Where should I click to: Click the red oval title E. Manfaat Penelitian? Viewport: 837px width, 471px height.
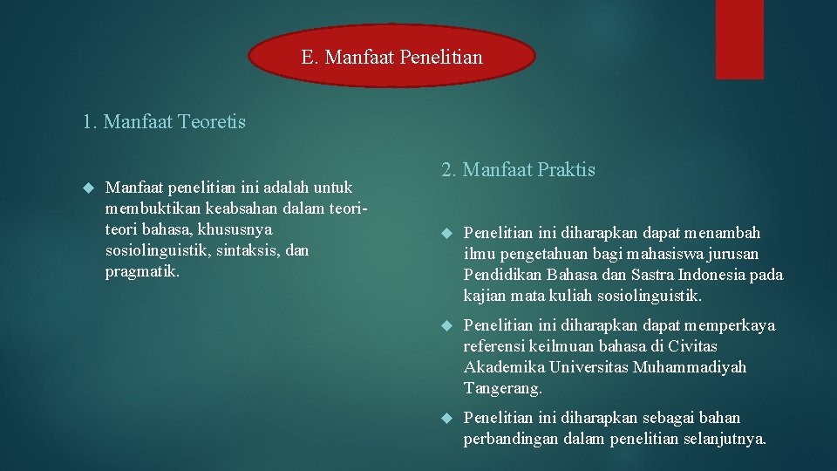(x=391, y=58)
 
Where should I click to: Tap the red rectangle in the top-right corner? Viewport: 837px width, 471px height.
(x=739, y=39)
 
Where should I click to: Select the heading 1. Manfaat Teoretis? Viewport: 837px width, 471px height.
(x=164, y=122)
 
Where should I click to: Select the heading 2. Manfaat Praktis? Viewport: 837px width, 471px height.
(x=518, y=170)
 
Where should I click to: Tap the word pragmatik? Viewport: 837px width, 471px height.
(x=141, y=271)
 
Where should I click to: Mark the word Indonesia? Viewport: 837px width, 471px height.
(x=704, y=275)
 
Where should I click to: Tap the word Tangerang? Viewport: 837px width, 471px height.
(x=502, y=388)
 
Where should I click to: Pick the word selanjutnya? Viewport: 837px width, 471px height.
(x=722, y=439)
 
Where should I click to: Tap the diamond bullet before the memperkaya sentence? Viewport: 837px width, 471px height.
(x=446, y=326)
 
